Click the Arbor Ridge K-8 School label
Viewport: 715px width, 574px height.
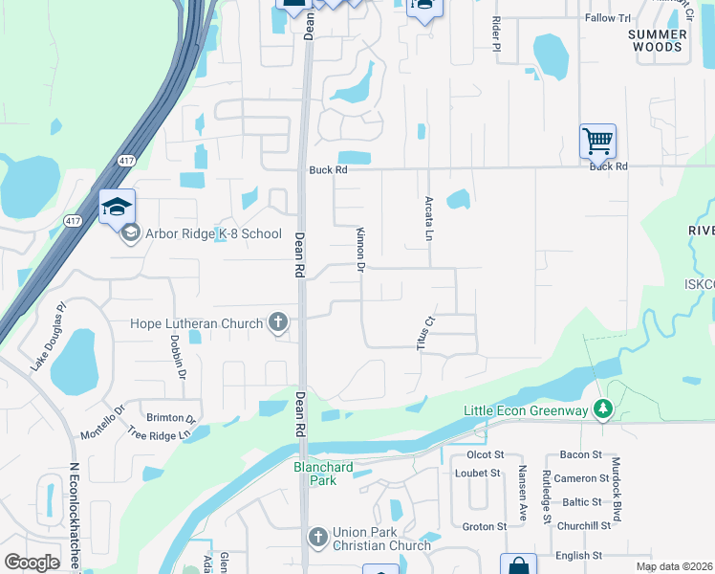(x=212, y=233)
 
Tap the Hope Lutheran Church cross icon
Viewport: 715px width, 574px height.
(x=277, y=322)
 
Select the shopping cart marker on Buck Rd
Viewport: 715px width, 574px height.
(x=597, y=142)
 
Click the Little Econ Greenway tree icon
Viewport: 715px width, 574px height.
(x=602, y=409)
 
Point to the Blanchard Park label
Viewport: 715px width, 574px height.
(x=323, y=474)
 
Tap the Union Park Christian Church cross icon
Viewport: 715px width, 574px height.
(x=319, y=536)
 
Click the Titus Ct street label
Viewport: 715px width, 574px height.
(x=427, y=333)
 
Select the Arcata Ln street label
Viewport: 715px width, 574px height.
(x=429, y=219)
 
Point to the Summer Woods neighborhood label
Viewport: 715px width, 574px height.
(x=656, y=40)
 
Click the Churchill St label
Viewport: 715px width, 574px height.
(x=583, y=526)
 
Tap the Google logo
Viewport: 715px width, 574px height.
(x=32, y=563)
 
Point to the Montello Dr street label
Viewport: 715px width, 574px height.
(x=102, y=423)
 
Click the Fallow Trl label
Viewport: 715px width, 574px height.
(x=608, y=18)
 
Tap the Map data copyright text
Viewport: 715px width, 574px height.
(x=673, y=566)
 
